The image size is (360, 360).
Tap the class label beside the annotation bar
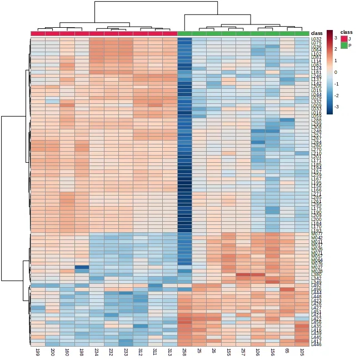point(316,33)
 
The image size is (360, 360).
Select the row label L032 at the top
point(316,39)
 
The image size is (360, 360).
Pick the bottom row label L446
point(316,344)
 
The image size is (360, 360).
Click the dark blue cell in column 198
point(82,267)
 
